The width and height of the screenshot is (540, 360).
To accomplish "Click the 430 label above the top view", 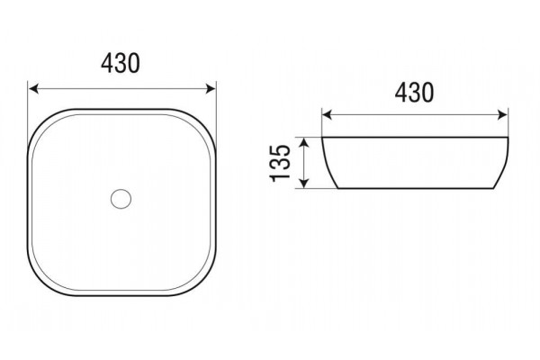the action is coord(121,63).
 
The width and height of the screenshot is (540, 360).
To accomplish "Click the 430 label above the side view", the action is coord(414,93).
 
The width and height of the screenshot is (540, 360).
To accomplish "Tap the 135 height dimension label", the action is coord(280,163).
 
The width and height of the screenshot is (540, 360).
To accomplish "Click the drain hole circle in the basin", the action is coord(121,198).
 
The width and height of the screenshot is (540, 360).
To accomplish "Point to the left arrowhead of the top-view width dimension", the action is coord(33,89).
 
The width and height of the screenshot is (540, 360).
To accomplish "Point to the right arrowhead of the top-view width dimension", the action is coord(210,89).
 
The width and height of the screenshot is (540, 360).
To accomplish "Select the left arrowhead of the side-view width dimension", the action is coord(328,115).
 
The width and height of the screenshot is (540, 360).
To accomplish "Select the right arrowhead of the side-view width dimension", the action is coord(502,115).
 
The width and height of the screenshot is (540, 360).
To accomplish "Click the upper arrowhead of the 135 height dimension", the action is coord(304,142).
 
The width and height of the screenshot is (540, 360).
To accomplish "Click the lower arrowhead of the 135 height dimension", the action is coord(304,184).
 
